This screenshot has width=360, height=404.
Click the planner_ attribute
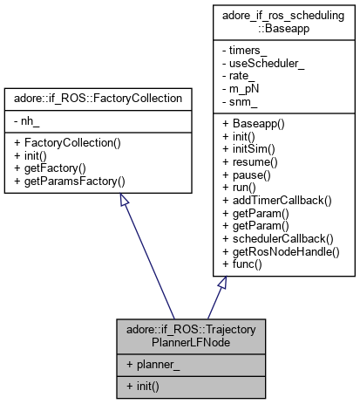point(153,366)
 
